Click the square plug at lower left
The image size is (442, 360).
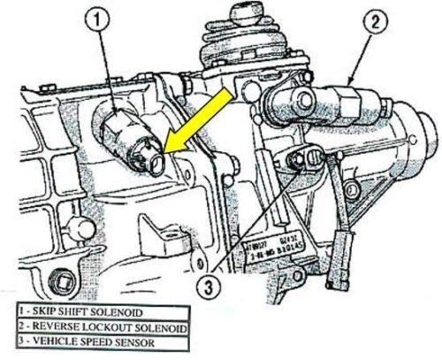point(62,285)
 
